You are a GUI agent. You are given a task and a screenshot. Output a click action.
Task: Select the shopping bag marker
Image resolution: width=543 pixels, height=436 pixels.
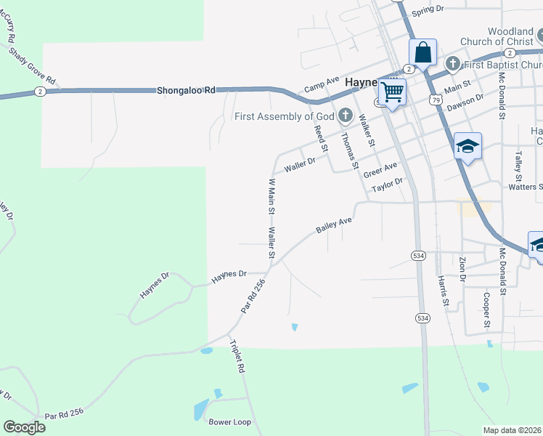(422, 53)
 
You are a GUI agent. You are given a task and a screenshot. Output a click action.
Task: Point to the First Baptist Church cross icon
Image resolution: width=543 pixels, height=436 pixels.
(453, 64)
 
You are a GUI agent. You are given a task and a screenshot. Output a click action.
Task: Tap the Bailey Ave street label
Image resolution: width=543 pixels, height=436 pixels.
(333, 225)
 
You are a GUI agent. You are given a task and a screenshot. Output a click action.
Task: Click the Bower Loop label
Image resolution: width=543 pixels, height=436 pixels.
(229, 421)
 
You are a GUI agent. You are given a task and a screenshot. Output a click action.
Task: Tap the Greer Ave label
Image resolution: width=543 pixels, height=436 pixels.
(380, 169)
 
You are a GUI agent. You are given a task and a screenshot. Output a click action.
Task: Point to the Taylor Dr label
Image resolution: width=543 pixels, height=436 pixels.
(386, 185)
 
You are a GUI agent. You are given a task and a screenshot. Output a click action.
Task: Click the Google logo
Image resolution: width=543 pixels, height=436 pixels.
(24, 427)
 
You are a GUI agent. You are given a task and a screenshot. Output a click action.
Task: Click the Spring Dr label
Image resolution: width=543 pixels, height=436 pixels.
(427, 9)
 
